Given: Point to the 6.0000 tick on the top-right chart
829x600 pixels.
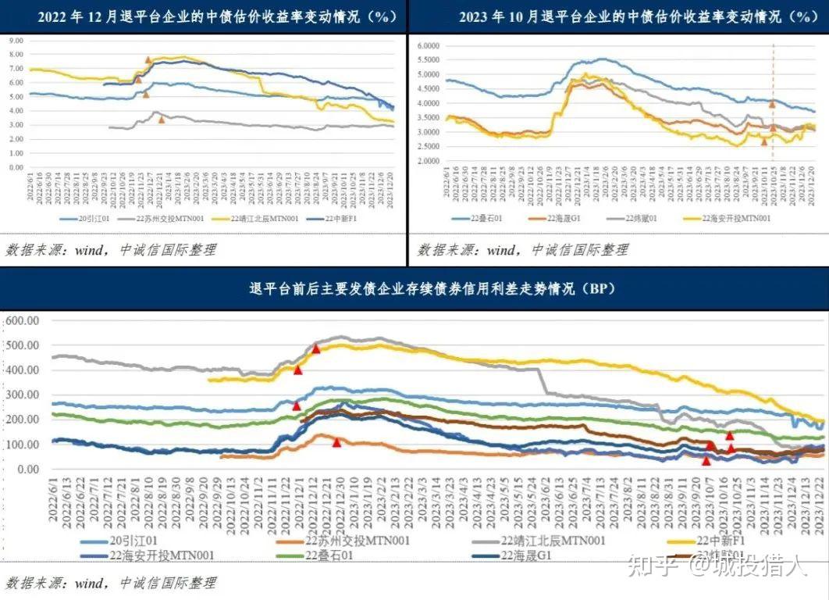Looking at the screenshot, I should (x=430, y=45).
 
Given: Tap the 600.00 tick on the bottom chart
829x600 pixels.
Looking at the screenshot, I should (x=21, y=320).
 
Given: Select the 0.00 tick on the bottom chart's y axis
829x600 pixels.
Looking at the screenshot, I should (x=27, y=470).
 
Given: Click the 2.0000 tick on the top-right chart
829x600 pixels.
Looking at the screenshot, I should (x=430, y=161).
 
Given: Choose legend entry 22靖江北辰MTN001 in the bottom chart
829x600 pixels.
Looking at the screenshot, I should (x=553, y=540).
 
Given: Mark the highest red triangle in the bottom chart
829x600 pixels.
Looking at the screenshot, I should (x=316, y=348).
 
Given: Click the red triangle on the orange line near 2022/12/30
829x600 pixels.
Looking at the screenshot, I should (x=336, y=442).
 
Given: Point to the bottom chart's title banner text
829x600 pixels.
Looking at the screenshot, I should (x=414, y=289).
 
